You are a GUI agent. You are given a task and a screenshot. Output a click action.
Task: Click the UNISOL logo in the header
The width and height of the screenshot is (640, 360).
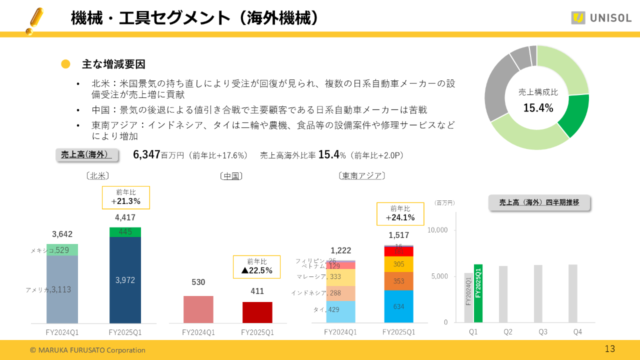[601, 18]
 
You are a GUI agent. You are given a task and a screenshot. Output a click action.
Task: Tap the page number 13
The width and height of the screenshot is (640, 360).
[609, 349]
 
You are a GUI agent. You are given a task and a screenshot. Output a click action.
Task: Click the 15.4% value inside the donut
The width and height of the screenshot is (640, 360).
[538, 107]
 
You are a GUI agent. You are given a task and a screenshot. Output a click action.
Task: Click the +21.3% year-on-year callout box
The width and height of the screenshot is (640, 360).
[125, 197]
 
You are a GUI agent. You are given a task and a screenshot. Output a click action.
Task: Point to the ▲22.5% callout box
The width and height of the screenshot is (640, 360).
[256, 266]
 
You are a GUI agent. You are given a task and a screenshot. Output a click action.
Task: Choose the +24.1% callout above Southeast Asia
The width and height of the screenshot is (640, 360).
[400, 213]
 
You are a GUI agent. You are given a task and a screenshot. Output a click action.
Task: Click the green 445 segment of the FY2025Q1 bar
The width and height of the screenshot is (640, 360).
[125, 232]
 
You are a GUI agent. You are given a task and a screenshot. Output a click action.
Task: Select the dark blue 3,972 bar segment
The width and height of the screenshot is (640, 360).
[125, 280]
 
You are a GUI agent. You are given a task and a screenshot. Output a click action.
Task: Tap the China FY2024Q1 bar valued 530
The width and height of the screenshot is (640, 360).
[198, 309]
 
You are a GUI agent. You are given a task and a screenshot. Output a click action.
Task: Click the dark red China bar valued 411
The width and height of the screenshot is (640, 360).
[257, 312]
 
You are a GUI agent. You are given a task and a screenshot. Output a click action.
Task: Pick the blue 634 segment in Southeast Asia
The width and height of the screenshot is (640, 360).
[398, 306]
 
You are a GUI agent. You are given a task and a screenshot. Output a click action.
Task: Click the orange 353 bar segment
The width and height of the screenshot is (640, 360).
[398, 281]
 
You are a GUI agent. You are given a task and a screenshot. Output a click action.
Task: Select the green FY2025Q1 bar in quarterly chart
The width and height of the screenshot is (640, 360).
[478, 293]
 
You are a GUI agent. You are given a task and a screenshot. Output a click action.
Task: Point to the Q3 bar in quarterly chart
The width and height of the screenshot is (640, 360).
[538, 294]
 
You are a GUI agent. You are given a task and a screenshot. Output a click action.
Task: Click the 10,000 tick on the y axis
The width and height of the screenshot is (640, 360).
[437, 230]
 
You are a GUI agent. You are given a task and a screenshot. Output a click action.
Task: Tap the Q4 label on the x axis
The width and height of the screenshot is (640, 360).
[577, 332]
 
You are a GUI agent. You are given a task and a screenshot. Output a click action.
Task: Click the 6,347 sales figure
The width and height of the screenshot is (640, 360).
[146, 155]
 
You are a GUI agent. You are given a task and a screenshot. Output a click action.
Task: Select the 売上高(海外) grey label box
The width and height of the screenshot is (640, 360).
[86, 155]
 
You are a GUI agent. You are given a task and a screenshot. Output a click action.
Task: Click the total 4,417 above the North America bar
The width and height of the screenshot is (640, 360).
[125, 217]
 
